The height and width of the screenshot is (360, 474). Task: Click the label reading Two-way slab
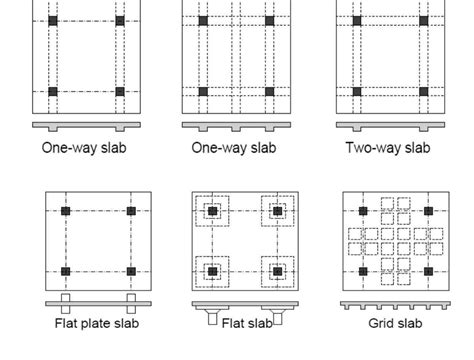387,149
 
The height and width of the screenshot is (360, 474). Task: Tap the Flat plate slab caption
97,323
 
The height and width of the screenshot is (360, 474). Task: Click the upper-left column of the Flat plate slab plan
65,212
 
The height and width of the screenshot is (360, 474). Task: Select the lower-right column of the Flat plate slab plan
131,271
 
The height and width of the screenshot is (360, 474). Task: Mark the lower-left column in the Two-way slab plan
356,91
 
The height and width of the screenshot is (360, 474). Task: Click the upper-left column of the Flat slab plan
212,212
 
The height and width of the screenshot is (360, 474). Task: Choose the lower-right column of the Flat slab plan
276,271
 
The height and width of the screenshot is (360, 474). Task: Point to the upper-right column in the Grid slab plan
429,212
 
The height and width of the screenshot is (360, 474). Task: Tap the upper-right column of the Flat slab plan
276,212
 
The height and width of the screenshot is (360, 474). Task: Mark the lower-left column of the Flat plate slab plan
65,271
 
